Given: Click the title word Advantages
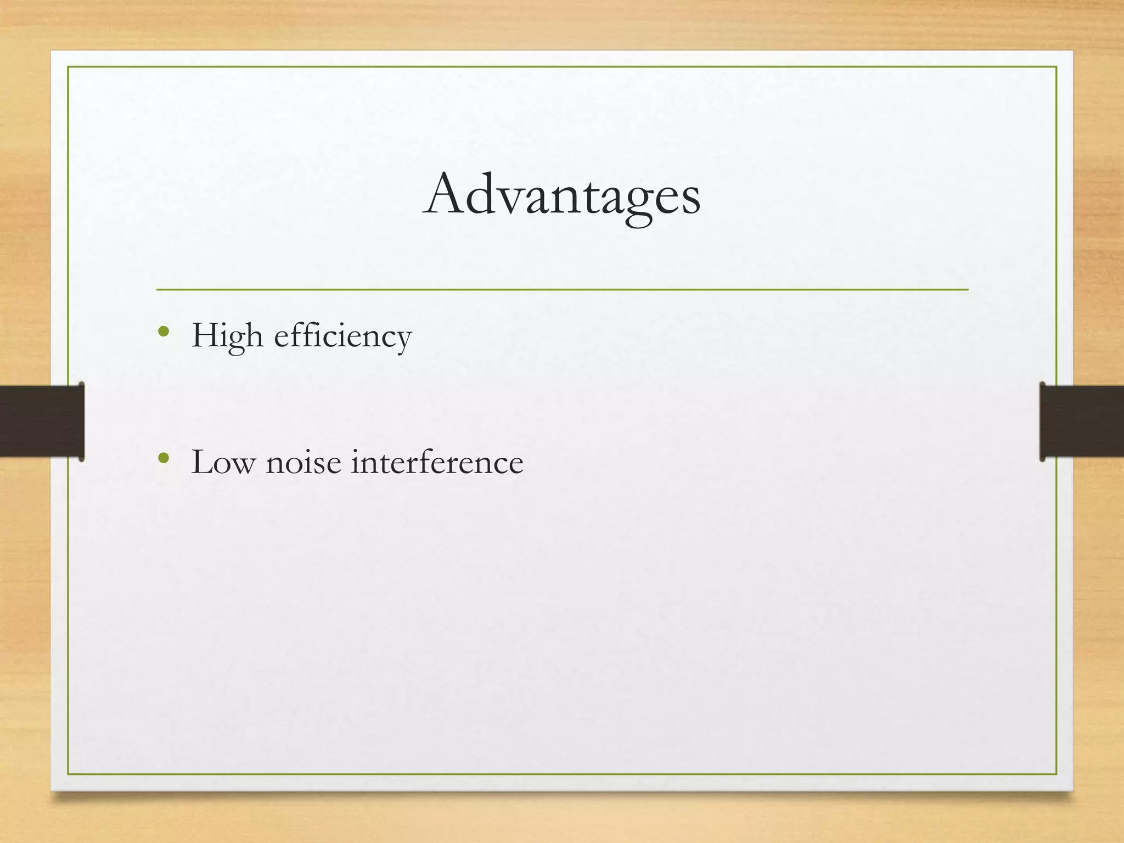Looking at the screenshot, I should pyautogui.click(x=561, y=195).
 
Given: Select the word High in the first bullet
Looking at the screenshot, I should pyautogui.click(x=227, y=335).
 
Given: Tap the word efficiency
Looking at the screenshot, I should pyautogui.click(x=342, y=335).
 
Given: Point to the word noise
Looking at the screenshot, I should pyautogui.click(x=303, y=462).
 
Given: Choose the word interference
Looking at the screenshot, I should pyautogui.click(x=437, y=462).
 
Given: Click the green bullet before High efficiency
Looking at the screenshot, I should pyautogui.click(x=163, y=331).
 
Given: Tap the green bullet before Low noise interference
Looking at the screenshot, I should pyautogui.click(x=163, y=458).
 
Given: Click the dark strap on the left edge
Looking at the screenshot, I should pyautogui.click(x=42, y=421).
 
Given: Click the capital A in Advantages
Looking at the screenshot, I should pyautogui.click(x=443, y=194).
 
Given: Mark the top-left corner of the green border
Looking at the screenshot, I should pyautogui.click(x=68, y=67).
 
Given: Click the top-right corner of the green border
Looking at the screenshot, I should pyautogui.click(x=1056, y=67).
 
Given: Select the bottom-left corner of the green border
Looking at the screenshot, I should pyautogui.click(x=68, y=774).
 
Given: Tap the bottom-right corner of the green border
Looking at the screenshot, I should pyautogui.click(x=1056, y=774).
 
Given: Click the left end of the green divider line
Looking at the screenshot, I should pyautogui.click(x=158, y=289).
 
